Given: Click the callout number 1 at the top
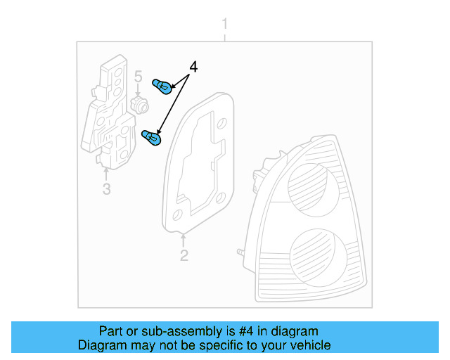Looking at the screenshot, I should [225, 25].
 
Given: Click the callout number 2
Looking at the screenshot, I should [184, 255].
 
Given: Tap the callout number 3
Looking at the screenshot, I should [106, 188].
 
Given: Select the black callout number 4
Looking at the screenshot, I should [193, 67].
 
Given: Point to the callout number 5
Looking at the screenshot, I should [138, 76].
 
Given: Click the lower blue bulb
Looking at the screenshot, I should [151, 139].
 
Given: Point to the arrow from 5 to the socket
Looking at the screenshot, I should [139, 90].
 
